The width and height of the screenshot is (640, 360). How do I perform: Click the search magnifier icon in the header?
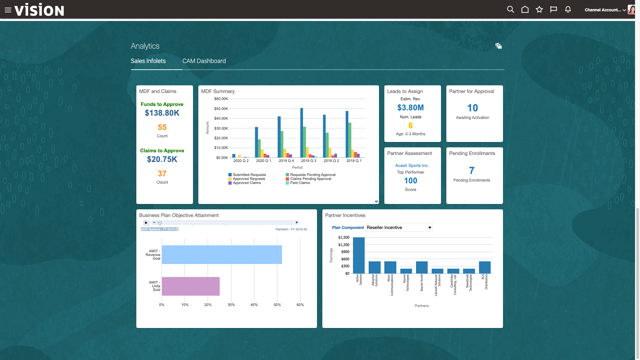click(x=510, y=9)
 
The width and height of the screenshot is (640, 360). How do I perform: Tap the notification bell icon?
click(x=568, y=9)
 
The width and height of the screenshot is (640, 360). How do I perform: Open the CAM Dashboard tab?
click(x=204, y=61)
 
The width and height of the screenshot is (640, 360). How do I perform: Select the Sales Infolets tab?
click(x=148, y=61)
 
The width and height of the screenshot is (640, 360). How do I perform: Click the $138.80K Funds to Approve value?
click(x=162, y=113)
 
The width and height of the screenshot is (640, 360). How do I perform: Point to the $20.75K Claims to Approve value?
click(x=162, y=159)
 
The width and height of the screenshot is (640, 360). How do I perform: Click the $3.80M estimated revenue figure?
click(x=410, y=108)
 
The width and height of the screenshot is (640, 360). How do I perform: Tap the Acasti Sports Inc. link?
click(x=412, y=165)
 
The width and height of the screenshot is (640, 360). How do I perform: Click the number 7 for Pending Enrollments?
click(x=472, y=171)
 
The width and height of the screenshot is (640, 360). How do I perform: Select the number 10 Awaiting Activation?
click(x=472, y=108)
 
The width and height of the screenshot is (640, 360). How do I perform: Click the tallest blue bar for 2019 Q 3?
click(x=302, y=133)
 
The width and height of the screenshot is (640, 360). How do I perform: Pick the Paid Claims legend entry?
click(x=300, y=183)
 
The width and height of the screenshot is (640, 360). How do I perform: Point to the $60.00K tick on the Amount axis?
click(x=221, y=99)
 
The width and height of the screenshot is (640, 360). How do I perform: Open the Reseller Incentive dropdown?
click(x=399, y=227)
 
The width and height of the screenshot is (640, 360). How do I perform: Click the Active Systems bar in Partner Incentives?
click(x=359, y=255)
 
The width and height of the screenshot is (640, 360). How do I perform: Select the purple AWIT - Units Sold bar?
click(x=191, y=286)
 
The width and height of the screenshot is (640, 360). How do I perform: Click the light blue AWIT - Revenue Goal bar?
click(x=222, y=255)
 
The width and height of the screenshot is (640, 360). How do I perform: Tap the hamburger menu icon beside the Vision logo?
click(x=8, y=10)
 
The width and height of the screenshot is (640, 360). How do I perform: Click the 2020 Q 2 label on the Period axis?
click(x=241, y=161)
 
